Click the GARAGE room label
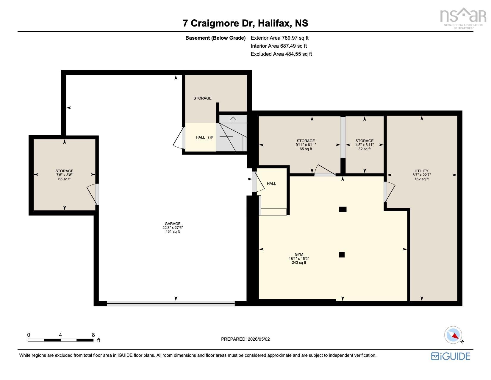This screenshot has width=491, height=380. (172, 224)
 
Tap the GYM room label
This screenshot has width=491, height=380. (299, 255)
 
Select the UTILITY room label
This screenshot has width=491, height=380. (421, 171)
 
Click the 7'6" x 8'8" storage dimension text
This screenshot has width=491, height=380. (64, 175)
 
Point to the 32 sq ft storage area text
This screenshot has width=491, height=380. (365, 149)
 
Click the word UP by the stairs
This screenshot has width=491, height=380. (210, 138)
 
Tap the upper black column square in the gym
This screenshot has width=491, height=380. (343, 209)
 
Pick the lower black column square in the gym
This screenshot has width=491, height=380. (342, 255)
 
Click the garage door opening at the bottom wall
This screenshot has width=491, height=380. (171, 304)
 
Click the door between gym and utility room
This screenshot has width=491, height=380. (389, 192)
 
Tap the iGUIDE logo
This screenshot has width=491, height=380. (450, 356)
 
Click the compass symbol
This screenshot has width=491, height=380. (453, 335)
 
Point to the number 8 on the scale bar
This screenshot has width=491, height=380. (93, 335)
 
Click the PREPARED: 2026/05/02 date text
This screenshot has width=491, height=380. (245, 339)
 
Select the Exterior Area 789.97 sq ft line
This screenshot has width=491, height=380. (279, 38)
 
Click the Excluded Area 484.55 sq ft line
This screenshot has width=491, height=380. (281, 54)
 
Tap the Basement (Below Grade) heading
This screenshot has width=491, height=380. (215, 38)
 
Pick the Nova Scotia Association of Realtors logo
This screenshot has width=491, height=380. (463, 18)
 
